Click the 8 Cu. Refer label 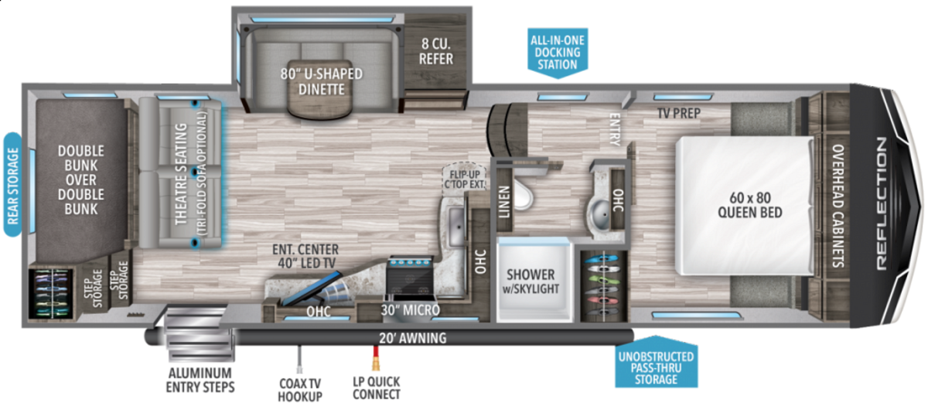pyautogui.click(x=437, y=50)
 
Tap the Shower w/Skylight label pyautogui.click(x=531, y=282)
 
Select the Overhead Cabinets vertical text pyautogui.click(x=838, y=206)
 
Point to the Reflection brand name pyautogui.click(x=882, y=203)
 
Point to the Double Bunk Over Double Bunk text pyautogui.click(x=80, y=180)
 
